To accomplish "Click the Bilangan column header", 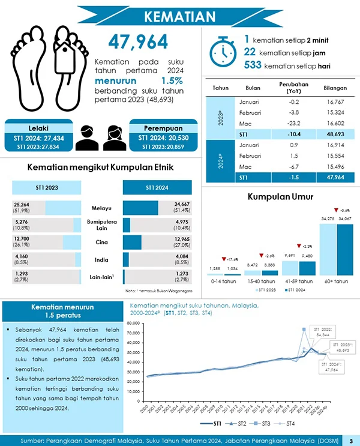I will [x=335, y=88].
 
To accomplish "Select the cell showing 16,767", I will [x=335, y=102].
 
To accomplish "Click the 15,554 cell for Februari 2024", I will [x=335, y=155].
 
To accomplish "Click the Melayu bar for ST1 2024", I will [x=140, y=208].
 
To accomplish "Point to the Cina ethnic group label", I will [x=102, y=243].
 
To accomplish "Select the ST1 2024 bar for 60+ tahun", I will [x=344, y=249].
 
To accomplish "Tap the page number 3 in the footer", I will [x=350, y=440].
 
